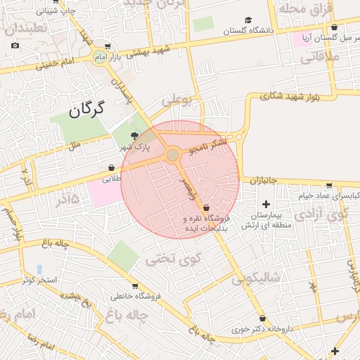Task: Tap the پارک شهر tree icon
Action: pos(135,136)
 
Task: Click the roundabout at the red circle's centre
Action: pos(172,155)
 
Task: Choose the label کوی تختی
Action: pos(173,259)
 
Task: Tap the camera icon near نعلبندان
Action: pos(15,46)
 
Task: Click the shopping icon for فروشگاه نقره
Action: pos(205,208)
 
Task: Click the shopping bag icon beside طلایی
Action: pos(112,168)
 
